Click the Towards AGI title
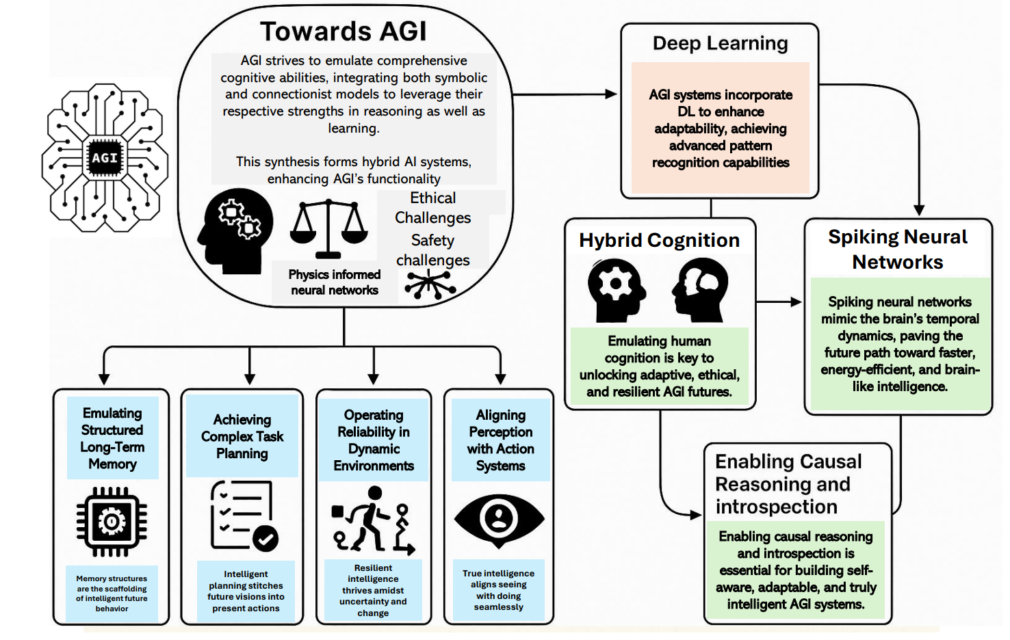click(x=343, y=31)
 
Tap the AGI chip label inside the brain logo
click(x=105, y=158)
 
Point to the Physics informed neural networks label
click(x=334, y=282)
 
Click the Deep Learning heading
click(x=720, y=43)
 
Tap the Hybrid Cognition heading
click(x=659, y=240)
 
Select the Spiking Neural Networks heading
click(x=897, y=250)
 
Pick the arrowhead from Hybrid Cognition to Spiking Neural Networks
click(x=796, y=302)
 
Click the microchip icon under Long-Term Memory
click(x=112, y=522)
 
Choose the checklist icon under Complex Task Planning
click(x=244, y=516)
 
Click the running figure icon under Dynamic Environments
click(x=374, y=520)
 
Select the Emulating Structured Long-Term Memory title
click(x=112, y=438)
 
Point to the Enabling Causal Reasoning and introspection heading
click(x=788, y=484)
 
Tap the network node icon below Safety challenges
click(x=430, y=284)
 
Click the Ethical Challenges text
click(x=432, y=208)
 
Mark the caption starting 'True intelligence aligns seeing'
click(x=498, y=590)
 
